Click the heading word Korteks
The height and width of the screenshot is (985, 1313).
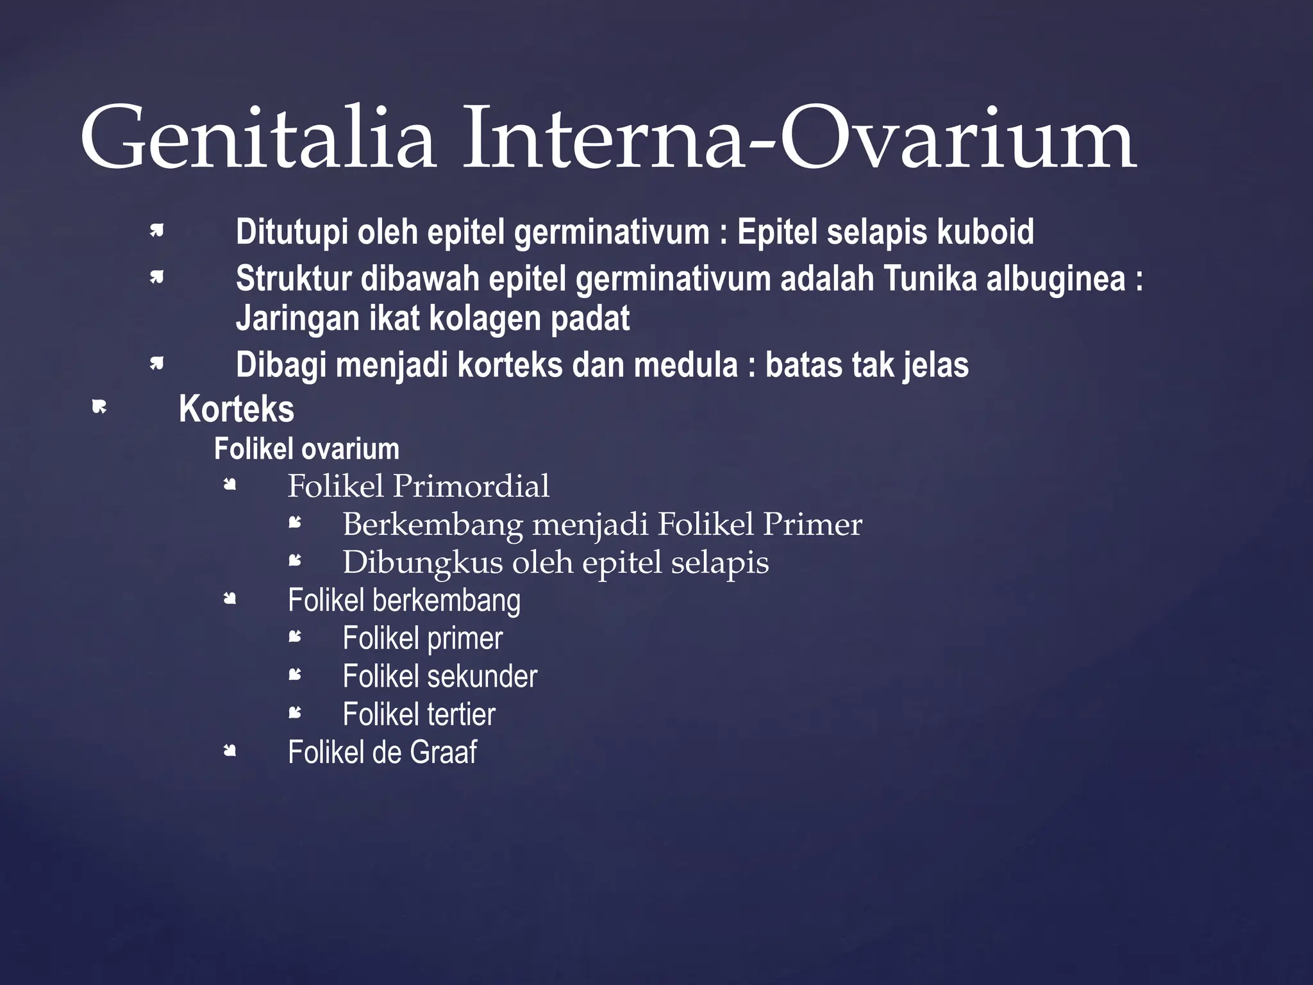(236, 409)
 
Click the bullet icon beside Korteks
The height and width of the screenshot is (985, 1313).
(99, 407)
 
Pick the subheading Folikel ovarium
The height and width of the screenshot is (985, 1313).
(306, 449)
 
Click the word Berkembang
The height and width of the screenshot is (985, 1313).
(433, 525)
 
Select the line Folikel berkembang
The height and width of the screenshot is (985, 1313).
(404, 600)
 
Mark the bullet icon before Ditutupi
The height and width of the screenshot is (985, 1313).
(156, 230)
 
